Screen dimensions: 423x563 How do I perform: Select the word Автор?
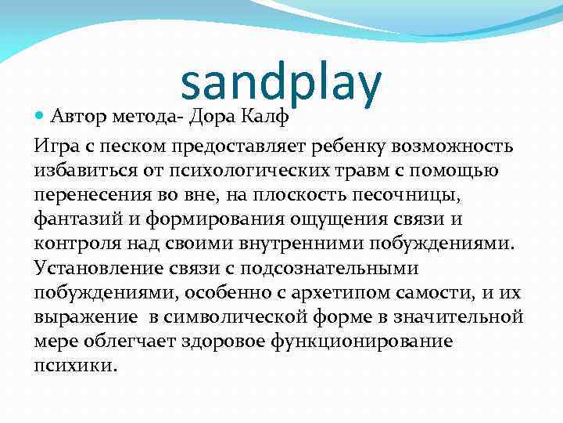(x=77, y=117)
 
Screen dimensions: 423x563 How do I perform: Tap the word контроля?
(x=75, y=244)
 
